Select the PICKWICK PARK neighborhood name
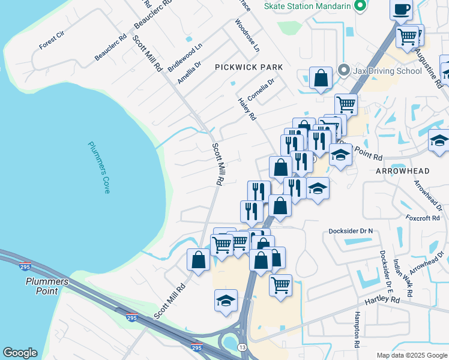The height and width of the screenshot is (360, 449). coord(248,68)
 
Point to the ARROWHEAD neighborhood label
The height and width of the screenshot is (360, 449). coord(402,171)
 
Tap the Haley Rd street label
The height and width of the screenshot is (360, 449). coord(247,109)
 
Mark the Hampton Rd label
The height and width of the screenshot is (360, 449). coord(357,331)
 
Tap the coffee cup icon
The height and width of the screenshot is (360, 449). coord(402,9)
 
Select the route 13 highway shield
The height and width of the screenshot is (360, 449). coord(242,347)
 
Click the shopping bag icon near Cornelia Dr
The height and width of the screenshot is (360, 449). coord(321,78)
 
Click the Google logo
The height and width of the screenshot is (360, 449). coord(20,353)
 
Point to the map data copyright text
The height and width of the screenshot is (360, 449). coord(412,355)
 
